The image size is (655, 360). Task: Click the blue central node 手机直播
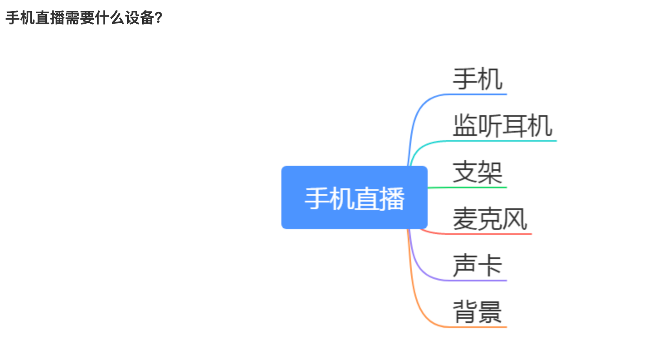355,197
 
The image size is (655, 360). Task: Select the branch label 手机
478,79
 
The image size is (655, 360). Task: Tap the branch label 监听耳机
502,126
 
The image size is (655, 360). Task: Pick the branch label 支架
478,172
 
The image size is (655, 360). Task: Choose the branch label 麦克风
490,219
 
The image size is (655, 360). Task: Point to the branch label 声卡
478,266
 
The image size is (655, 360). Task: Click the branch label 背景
478,312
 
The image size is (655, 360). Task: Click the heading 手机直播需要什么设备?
84,17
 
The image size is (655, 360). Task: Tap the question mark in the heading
159,18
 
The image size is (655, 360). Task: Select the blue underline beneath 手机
475,94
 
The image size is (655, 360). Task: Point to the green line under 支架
467,187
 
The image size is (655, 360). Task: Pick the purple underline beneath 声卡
475,281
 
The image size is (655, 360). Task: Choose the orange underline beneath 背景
475,327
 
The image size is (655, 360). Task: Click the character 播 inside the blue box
392,199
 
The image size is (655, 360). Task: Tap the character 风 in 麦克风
515,219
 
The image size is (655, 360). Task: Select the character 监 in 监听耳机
465,126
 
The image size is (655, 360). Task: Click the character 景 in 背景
490,312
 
